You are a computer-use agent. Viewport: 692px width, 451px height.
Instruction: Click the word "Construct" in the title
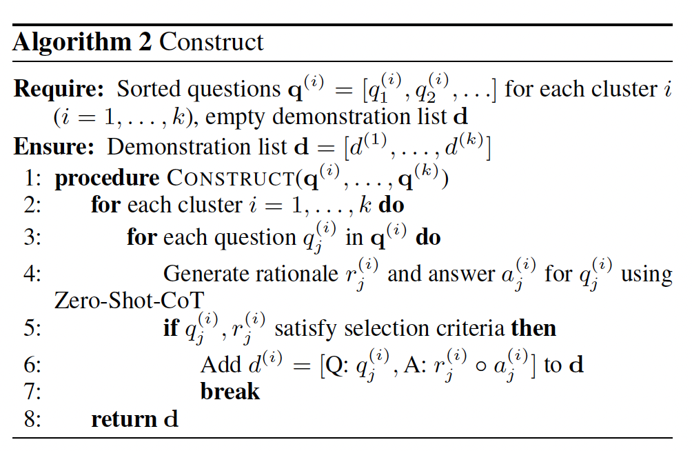212,42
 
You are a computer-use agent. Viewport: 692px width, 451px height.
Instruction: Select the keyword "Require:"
59,89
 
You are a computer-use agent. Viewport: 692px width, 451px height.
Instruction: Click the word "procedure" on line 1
108,179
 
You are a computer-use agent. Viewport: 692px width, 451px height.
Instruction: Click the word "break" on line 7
230,391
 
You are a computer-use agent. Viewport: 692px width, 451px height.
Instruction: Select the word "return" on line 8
123,419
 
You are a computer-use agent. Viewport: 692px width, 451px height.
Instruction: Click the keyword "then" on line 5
533,328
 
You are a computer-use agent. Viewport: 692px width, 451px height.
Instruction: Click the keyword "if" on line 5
170,328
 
